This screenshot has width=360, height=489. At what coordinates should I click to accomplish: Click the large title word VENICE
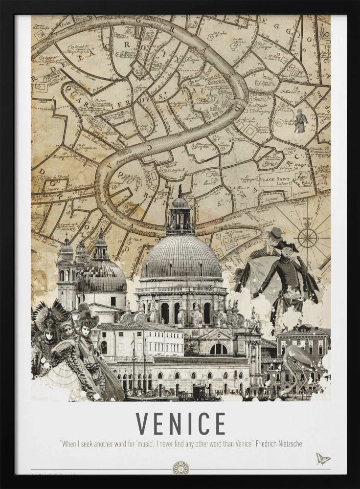[180, 423]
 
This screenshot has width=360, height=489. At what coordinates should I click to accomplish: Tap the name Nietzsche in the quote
[288, 444]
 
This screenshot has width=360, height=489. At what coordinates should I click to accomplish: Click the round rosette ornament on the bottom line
[180, 468]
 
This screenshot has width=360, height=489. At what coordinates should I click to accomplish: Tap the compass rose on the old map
[307, 238]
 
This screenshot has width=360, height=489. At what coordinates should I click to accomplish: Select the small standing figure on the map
[300, 121]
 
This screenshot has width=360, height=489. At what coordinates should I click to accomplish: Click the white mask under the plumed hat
[87, 331]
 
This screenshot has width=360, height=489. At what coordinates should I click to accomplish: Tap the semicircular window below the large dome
[218, 349]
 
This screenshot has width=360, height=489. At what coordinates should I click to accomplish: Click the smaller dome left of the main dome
[102, 274]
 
